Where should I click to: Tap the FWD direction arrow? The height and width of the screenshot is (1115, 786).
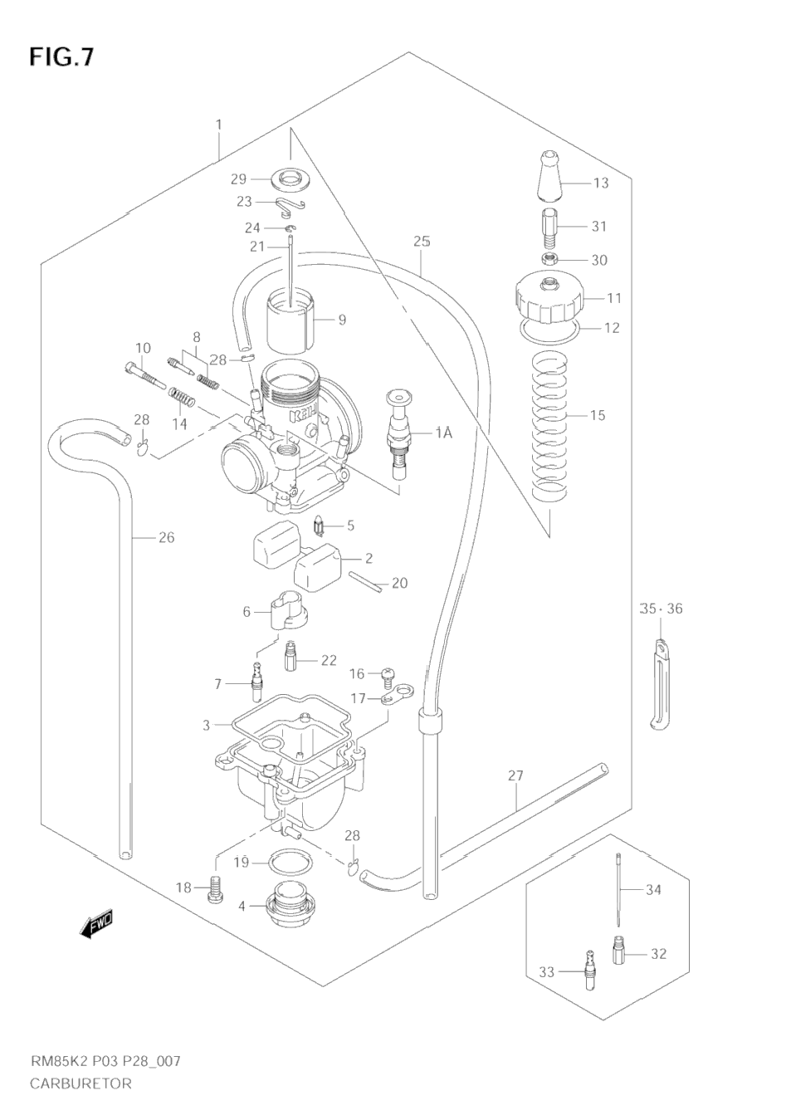pyautogui.click(x=96, y=924)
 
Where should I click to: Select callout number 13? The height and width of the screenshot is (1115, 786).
pyautogui.click(x=600, y=183)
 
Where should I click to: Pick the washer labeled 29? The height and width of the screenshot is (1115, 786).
pyautogui.click(x=287, y=178)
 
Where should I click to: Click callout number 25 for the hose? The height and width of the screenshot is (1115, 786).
pyautogui.click(x=422, y=242)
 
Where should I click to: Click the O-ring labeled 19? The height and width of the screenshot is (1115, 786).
pyautogui.click(x=286, y=863)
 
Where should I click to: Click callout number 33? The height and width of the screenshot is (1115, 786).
pyautogui.click(x=546, y=971)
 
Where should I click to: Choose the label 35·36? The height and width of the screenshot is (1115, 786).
pyautogui.click(x=661, y=609)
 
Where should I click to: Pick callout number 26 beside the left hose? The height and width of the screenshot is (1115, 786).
pyautogui.click(x=166, y=537)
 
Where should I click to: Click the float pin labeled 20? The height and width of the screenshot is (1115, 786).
pyautogui.click(x=365, y=582)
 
